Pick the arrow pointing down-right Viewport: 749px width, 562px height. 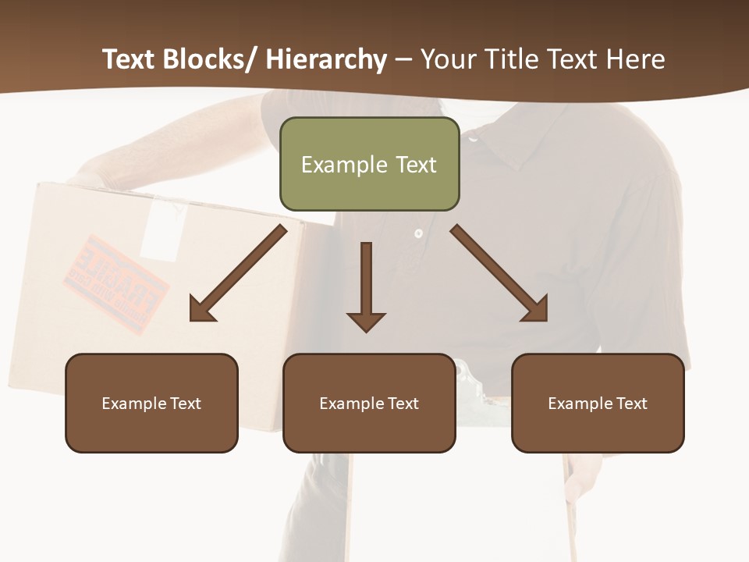coord(499,273)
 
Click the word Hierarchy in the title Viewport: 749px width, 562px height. coord(326,59)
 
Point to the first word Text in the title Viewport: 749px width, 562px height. coord(130,59)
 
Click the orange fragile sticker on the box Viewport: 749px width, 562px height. coord(115,283)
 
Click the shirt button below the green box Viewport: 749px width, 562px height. coord(418,233)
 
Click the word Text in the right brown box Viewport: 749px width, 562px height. coord(630,404)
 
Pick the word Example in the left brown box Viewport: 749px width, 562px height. coord(133,404)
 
